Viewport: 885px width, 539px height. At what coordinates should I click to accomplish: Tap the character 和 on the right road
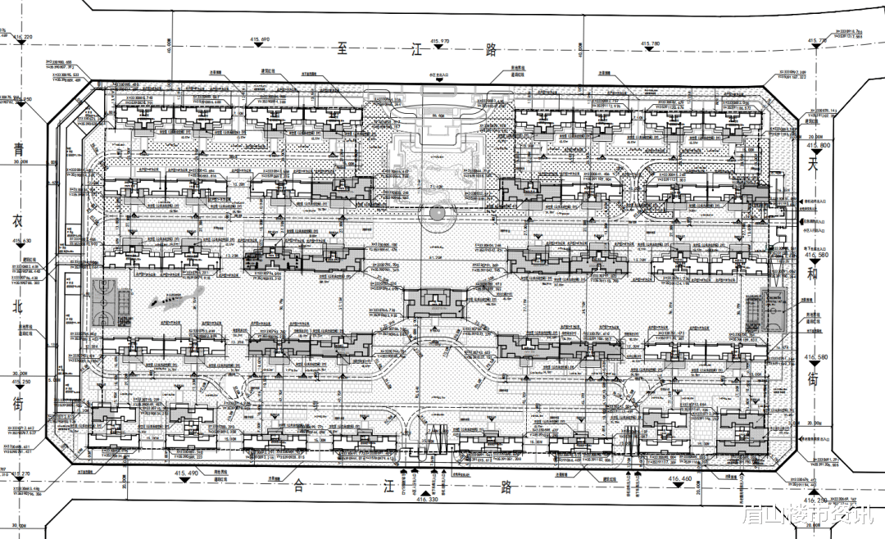(814, 276)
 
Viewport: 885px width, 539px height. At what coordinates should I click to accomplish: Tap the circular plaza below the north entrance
(435, 215)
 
